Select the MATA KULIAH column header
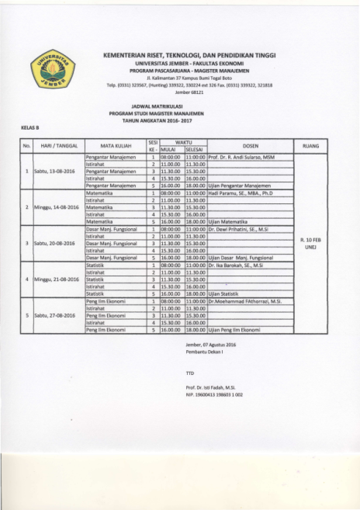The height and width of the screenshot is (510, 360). tap(113, 145)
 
